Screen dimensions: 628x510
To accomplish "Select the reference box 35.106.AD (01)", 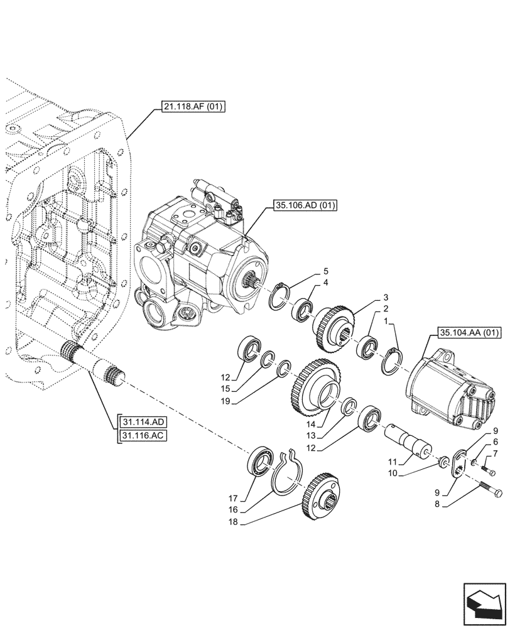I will click(x=305, y=205).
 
